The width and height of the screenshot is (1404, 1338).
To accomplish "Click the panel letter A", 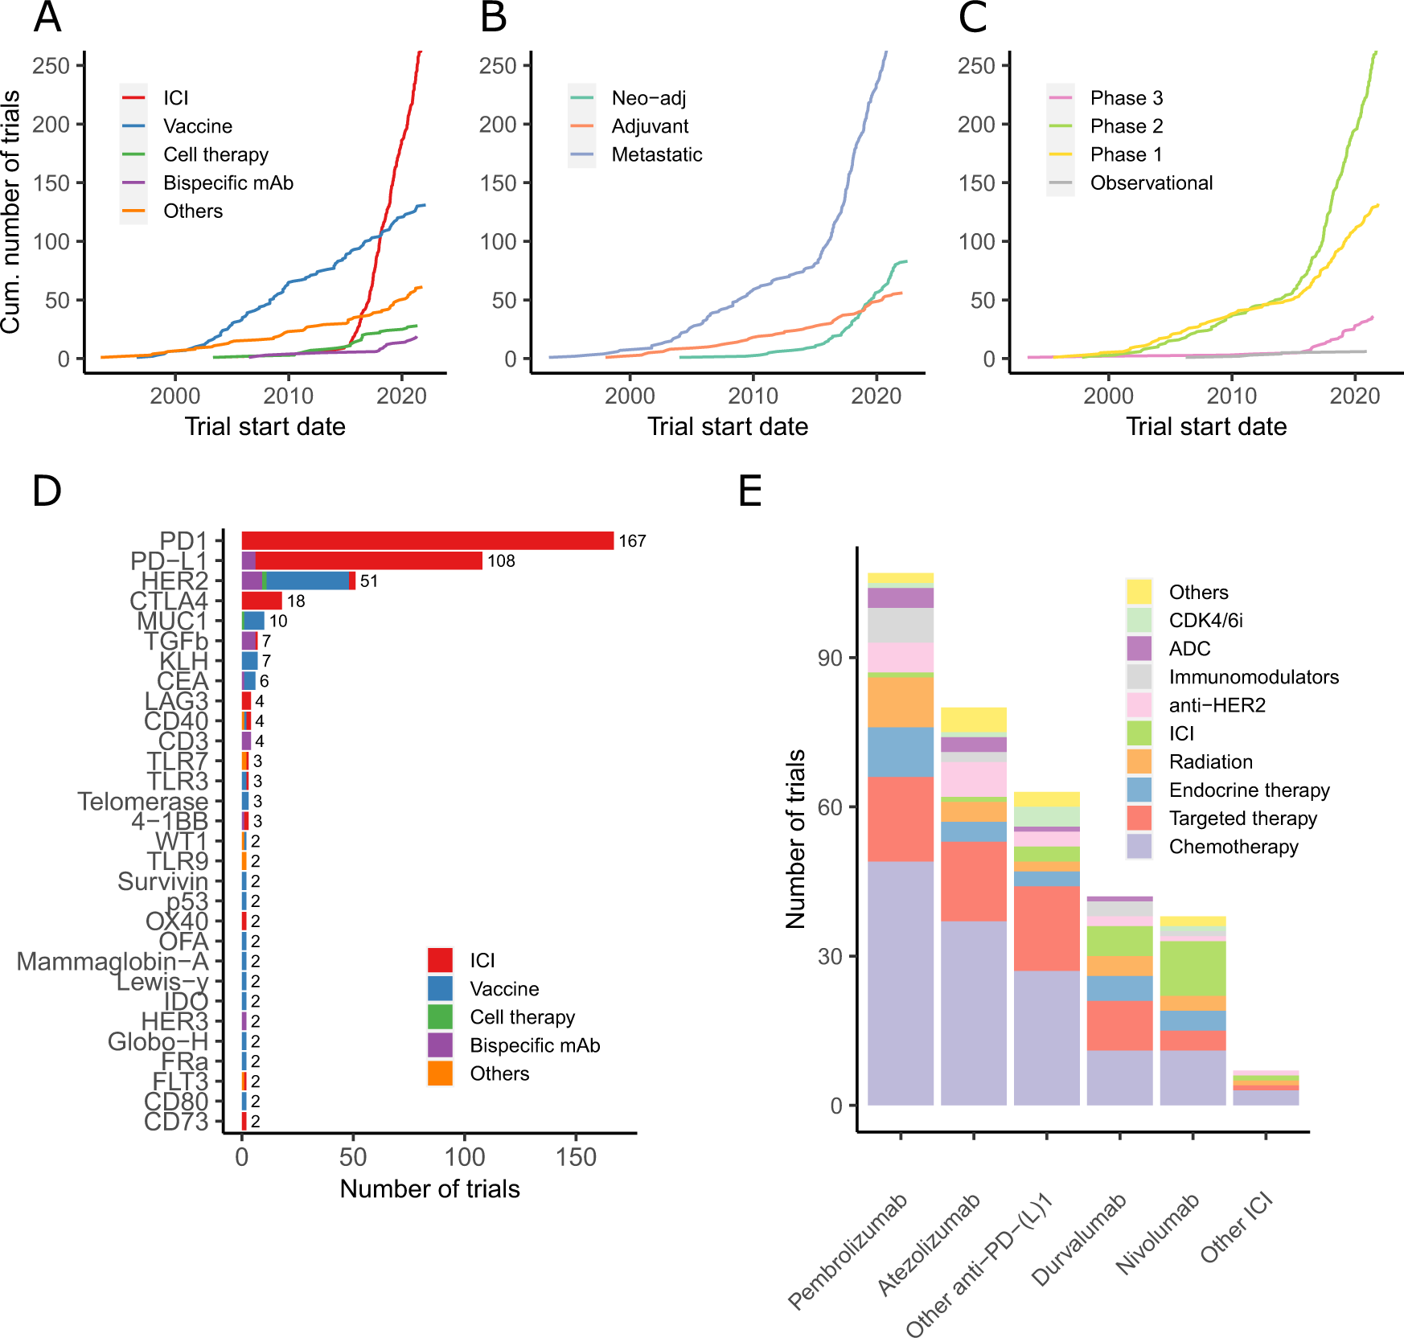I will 47,18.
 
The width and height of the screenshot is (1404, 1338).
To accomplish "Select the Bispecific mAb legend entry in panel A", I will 228,183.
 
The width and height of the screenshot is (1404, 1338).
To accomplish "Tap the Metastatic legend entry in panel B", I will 656,155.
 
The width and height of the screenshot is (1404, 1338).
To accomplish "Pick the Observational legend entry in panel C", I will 1151,183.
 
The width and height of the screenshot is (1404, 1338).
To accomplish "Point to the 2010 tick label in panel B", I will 753,396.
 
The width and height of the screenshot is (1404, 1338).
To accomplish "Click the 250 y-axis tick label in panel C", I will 976,66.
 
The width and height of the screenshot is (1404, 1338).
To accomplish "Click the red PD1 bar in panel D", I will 427,541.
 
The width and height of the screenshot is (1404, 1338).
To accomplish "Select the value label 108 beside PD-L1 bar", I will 501,561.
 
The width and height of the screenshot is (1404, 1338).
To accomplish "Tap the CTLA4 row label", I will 169,601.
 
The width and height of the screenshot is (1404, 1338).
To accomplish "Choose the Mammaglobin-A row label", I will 112,962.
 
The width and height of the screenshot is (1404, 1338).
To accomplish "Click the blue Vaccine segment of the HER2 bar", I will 308,581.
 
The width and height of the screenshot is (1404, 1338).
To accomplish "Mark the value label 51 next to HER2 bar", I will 368,581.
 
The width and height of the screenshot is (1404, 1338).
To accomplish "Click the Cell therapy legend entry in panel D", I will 522,1017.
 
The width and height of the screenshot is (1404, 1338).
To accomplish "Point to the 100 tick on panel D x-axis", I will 465,1157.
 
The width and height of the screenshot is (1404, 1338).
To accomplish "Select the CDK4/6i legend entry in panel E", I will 1205,621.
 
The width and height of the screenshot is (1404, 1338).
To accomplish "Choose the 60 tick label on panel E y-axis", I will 830,807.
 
